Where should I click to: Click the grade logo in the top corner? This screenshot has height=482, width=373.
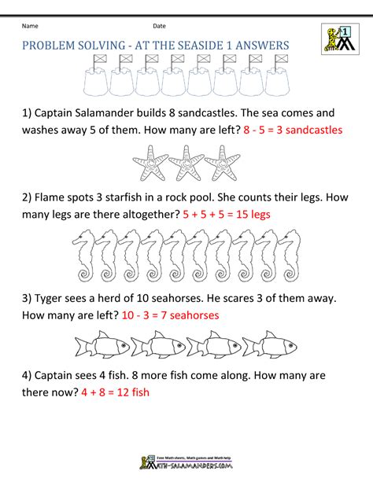click(336, 38)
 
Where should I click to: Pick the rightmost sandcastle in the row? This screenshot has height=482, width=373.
click(278, 75)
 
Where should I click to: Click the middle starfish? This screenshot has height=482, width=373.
click(186, 164)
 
